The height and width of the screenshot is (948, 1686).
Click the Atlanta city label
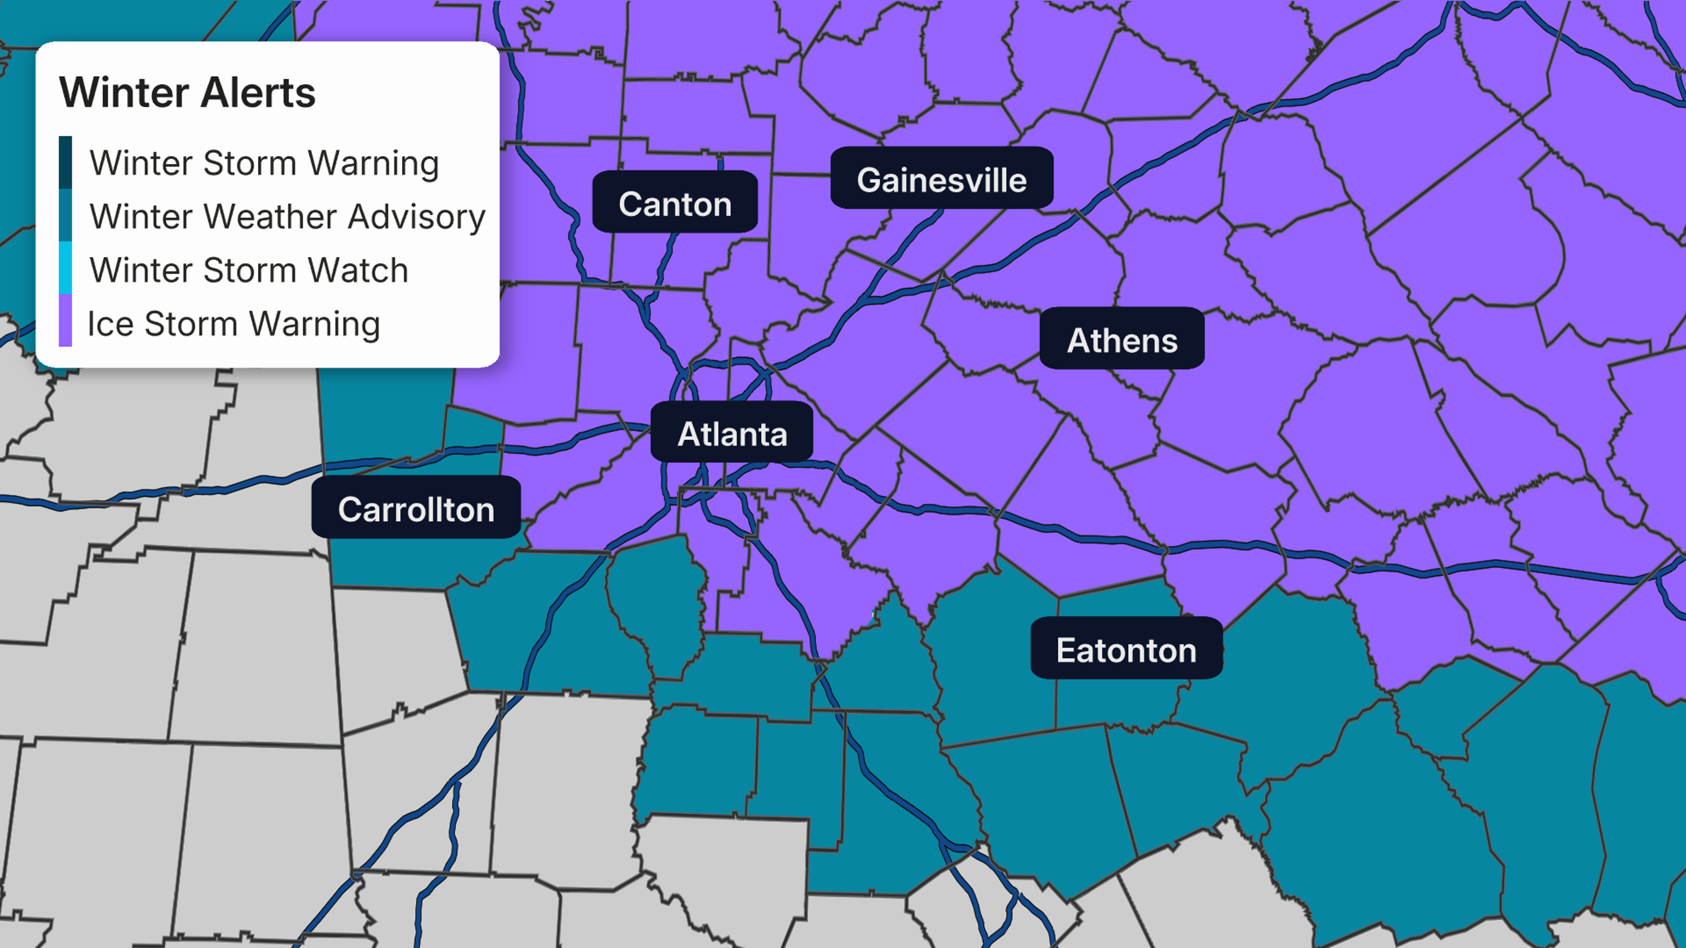point(732,434)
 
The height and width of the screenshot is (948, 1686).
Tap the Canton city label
point(675,204)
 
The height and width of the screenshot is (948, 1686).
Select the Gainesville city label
point(942,180)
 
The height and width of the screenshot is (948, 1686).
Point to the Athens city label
point(1122,340)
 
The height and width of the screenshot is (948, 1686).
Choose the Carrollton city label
point(416,509)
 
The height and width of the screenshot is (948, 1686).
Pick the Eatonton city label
point(1126,650)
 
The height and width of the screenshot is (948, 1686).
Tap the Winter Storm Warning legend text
point(264,163)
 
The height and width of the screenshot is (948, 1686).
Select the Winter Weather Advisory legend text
point(287,216)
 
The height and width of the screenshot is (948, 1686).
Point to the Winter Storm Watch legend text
point(249,270)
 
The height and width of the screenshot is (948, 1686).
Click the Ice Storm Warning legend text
point(234,324)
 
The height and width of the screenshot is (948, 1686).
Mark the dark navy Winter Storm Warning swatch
point(65,162)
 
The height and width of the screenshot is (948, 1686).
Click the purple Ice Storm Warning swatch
point(65,320)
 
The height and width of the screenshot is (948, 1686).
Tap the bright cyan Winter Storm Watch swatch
point(65,268)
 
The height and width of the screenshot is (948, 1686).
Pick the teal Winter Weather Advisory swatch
point(65,215)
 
